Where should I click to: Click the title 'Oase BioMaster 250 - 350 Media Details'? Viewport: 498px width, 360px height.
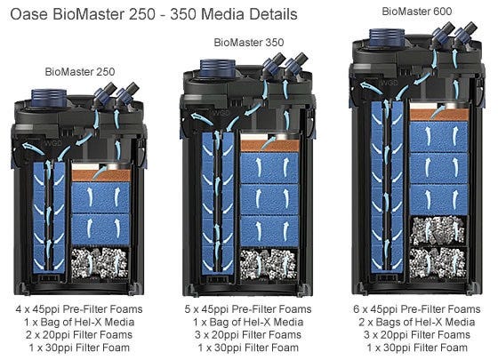tap(154, 14)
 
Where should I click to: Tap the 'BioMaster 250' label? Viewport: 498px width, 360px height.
tap(80, 71)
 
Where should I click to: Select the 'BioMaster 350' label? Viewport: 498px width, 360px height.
tap(249, 43)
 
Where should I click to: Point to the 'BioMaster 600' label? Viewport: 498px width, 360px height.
tap(417, 12)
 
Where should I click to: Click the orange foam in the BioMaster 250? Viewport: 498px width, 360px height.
tap(101, 175)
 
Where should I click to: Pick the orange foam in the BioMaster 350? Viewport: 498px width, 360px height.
tap(270, 146)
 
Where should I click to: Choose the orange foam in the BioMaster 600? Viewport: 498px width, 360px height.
tap(439, 115)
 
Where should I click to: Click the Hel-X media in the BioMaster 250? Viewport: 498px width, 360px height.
tap(100, 263)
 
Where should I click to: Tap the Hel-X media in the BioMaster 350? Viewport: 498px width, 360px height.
tap(269, 265)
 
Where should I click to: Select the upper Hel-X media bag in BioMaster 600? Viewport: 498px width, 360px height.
tap(438, 230)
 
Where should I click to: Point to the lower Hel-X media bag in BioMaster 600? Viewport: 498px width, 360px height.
tap(438, 262)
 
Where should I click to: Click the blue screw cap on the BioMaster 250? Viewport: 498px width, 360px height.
tap(49, 98)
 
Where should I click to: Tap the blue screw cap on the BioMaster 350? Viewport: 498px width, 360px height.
tap(218, 68)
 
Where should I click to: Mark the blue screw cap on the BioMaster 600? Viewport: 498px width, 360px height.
tap(387, 38)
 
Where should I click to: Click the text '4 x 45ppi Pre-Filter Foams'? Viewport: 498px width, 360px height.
tap(79, 309)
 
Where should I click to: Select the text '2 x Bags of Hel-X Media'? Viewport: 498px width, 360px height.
tap(417, 322)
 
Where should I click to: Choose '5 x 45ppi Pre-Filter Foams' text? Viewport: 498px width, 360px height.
tap(248, 309)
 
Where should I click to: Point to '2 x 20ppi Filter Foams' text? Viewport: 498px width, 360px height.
tap(79, 334)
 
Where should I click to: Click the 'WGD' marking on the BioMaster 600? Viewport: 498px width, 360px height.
tap(390, 83)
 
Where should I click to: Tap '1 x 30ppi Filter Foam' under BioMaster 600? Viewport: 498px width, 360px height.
tap(417, 348)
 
